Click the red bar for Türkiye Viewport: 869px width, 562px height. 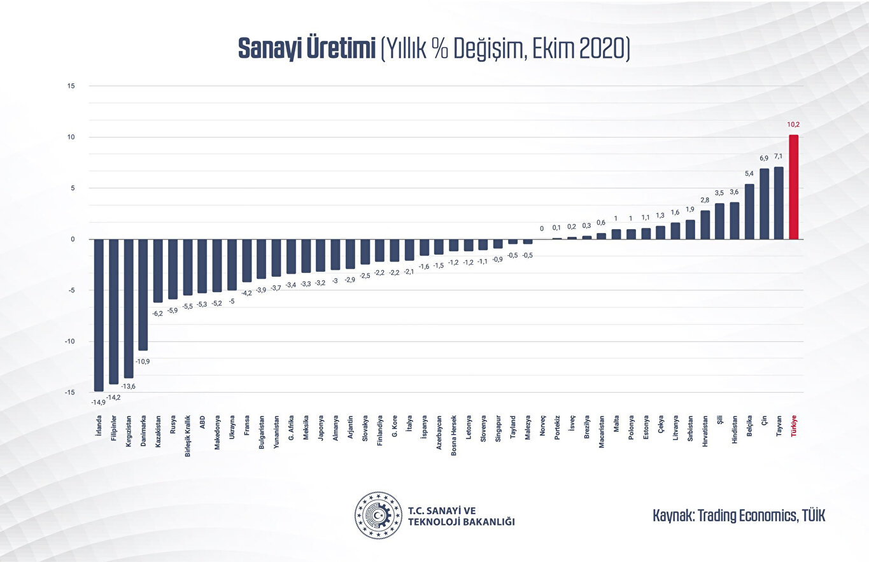(793, 187)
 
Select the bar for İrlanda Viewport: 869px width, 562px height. (99, 315)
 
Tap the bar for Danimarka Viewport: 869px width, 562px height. (143, 295)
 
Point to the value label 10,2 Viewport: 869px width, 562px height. (793, 125)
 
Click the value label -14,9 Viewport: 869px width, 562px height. (98, 402)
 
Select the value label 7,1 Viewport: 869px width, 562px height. (778, 156)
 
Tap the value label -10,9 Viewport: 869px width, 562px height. (143, 361)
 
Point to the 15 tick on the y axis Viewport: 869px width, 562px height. (71, 86)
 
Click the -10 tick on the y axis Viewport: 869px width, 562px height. (70, 342)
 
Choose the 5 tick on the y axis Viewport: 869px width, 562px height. (73, 188)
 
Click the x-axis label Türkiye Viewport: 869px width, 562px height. (794, 426)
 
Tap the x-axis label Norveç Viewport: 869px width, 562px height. (543, 426)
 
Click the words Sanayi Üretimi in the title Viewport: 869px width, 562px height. (306, 49)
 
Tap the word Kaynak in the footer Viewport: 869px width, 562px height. (672, 516)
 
